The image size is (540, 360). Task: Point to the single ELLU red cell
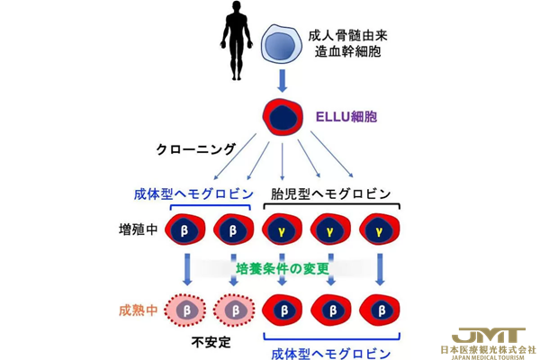282,116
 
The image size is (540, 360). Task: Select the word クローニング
196,148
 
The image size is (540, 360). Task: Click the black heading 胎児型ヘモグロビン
331,194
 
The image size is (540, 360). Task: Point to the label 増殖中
138,229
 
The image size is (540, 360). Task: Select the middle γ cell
329,229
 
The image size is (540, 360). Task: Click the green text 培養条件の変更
281,267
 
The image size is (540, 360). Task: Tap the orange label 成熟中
138,310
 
